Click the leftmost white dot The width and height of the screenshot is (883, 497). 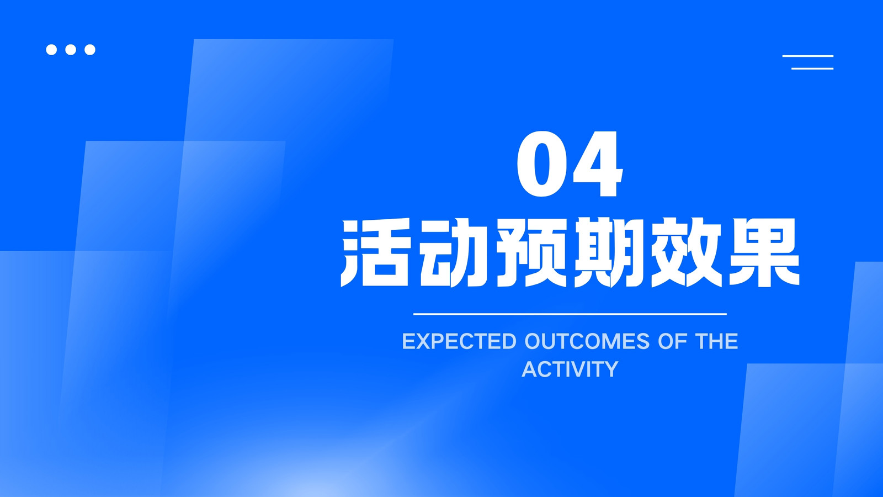click(51, 50)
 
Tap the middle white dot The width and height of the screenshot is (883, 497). click(71, 50)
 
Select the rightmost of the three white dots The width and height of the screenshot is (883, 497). click(90, 50)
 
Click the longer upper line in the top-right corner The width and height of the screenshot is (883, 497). click(808, 56)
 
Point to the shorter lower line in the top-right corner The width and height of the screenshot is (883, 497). click(812, 68)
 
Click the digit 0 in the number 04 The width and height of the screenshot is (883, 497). click(542, 163)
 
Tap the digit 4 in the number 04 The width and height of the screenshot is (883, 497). click(598, 163)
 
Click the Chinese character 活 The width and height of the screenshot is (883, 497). click(375, 252)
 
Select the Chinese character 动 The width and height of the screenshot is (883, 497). click(453, 252)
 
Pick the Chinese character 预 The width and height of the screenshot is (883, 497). click(531, 252)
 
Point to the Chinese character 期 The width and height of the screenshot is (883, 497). click(609, 252)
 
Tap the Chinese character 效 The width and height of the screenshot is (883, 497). click(687, 252)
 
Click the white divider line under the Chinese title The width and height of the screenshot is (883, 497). click(570, 314)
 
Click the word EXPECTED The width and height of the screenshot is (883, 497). click(459, 341)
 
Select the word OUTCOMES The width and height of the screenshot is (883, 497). click(587, 341)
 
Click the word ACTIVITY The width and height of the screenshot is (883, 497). click(570, 369)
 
